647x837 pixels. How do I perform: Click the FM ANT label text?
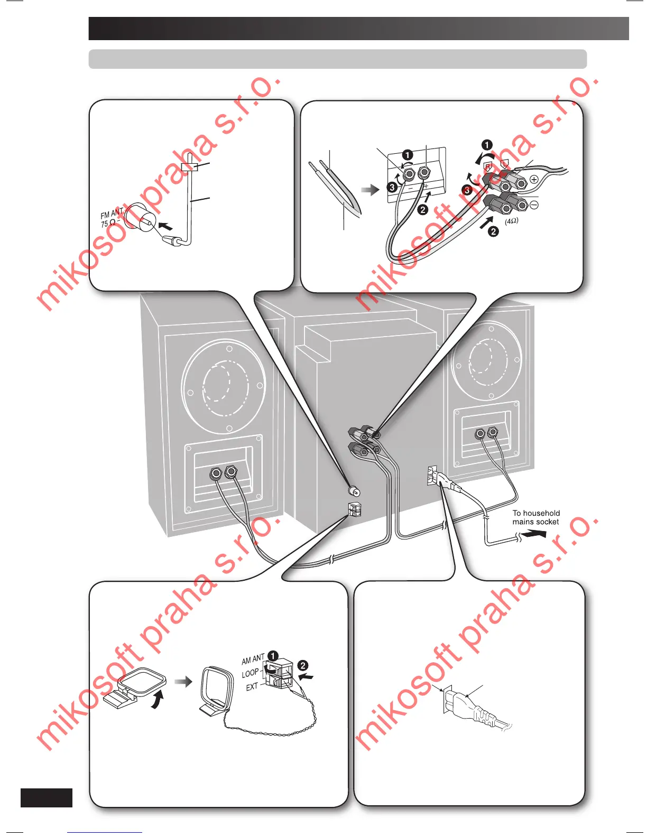pyautogui.click(x=112, y=213)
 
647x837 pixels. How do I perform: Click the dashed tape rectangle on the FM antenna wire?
pyautogui.click(x=189, y=166)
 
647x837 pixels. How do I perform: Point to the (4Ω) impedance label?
pyautogui.click(x=511, y=221)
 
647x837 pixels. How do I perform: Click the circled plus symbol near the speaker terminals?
pyautogui.click(x=534, y=179)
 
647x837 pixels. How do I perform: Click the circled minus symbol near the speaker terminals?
pyautogui.click(x=534, y=204)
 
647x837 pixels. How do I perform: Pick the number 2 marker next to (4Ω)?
pyautogui.click(x=493, y=231)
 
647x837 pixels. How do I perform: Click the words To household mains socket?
pyautogui.click(x=535, y=517)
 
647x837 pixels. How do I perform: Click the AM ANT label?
pyautogui.click(x=253, y=659)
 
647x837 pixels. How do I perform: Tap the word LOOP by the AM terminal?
pyautogui.click(x=250, y=673)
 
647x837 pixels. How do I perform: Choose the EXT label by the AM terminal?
pyautogui.click(x=252, y=686)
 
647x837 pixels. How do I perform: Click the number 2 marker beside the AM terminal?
pyautogui.click(x=303, y=666)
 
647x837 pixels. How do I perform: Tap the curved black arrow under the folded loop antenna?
pyautogui.click(x=157, y=701)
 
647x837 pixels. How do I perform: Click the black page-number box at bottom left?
pyautogui.click(x=47, y=797)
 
